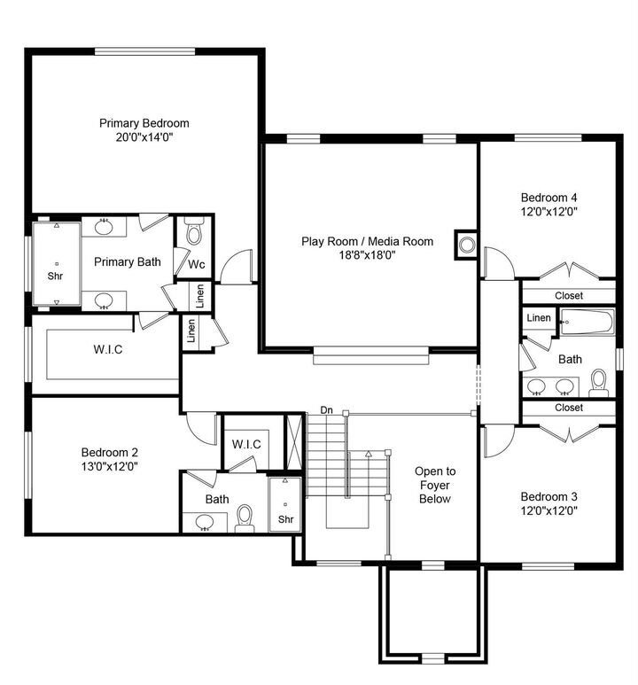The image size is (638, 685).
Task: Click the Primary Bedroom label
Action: [144, 123]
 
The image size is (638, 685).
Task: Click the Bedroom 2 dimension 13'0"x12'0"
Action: [109, 465]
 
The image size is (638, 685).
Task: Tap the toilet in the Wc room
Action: [194, 233]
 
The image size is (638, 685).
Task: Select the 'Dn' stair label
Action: [326, 410]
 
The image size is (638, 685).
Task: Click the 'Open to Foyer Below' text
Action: [435, 485]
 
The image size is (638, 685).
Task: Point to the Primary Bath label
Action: [127, 261]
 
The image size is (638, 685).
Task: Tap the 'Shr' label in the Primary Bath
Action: [56, 275]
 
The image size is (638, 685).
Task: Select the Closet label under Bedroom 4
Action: [569, 296]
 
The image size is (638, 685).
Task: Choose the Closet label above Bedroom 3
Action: [569, 408]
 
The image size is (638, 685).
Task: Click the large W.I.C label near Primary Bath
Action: [107, 349]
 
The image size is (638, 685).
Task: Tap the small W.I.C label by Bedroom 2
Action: [245, 443]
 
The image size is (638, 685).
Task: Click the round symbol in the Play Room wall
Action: [465, 243]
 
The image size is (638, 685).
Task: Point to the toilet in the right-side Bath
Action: [598, 381]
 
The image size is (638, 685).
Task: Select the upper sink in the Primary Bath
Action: [104, 227]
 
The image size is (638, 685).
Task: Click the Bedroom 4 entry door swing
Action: [498, 263]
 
